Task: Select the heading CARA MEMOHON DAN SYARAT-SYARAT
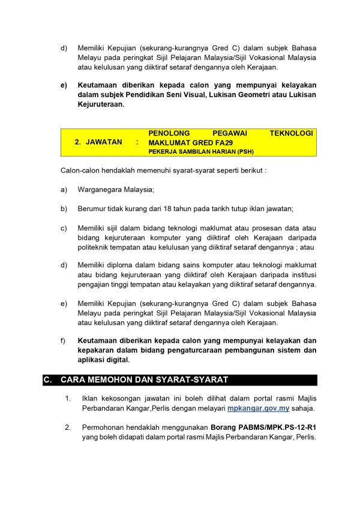click(144, 380)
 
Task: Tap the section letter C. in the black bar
click(47, 380)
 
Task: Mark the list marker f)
click(64, 341)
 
